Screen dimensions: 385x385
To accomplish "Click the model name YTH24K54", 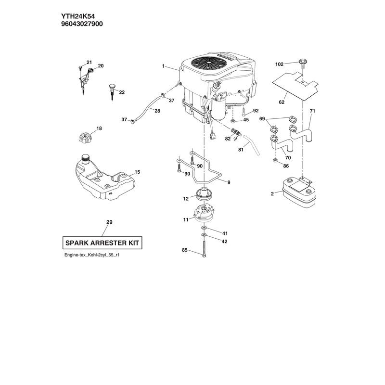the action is [x=78, y=16].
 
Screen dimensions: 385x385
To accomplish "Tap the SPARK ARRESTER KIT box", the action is [x=103, y=243].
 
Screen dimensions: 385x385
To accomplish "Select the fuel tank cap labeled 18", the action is [x=86, y=137].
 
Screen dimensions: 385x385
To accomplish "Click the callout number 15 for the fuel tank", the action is [x=137, y=172].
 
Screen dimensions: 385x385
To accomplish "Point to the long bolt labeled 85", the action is [x=204, y=249].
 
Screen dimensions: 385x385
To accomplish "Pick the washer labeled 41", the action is [x=204, y=228].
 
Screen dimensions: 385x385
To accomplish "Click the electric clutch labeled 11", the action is [x=204, y=212].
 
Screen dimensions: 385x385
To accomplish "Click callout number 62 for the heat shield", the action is [x=282, y=103].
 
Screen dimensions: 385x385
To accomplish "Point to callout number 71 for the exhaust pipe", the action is [x=312, y=111].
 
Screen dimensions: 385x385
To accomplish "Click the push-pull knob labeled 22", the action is [x=112, y=91].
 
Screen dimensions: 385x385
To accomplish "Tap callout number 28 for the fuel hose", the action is [x=157, y=111].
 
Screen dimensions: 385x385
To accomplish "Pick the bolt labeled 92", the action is [x=243, y=112].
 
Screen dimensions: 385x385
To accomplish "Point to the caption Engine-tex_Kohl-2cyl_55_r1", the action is [x=92, y=255].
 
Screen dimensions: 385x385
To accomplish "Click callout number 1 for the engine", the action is [x=163, y=66].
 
